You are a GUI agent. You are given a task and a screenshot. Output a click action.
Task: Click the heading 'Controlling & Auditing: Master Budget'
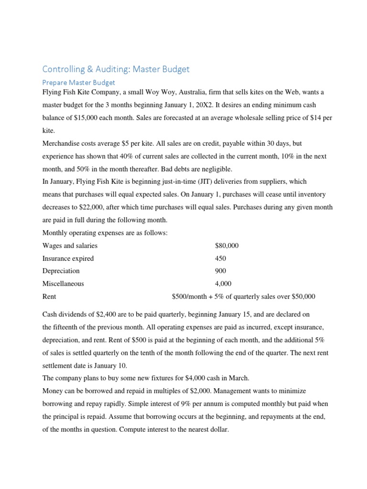[116, 69]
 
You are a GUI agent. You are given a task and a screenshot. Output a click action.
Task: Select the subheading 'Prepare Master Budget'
[79, 83]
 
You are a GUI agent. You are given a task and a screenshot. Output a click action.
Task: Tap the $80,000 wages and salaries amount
[227, 246]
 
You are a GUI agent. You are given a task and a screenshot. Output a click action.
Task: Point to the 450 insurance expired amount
[221, 258]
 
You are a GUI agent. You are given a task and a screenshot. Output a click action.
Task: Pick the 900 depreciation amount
[221, 271]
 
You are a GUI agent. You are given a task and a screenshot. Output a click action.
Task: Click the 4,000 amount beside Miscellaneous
[223, 284]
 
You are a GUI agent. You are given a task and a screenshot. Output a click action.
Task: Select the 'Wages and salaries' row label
[70, 246]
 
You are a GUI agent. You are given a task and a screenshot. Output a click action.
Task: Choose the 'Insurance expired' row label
[68, 258]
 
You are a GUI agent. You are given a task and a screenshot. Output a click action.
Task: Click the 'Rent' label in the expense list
[49, 296]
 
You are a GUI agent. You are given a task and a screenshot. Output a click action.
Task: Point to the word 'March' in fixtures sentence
[238, 378]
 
